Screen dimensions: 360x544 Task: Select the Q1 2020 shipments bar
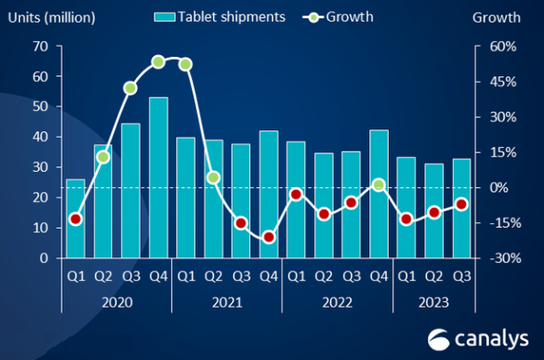click(75, 219)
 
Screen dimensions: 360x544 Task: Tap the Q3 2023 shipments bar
click(461, 208)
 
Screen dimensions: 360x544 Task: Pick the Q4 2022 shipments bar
click(379, 194)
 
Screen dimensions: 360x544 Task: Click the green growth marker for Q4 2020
click(158, 62)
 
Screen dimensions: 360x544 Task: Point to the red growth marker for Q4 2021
click(268, 237)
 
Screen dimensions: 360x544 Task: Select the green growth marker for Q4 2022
click(379, 185)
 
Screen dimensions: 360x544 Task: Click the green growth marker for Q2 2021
click(213, 177)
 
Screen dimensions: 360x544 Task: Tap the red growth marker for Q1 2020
click(75, 219)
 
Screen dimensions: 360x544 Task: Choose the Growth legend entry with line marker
click(339, 17)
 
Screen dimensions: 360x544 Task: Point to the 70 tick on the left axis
click(40, 47)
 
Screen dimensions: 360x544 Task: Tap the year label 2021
click(227, 302)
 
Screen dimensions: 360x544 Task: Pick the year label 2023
click(433, 302)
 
